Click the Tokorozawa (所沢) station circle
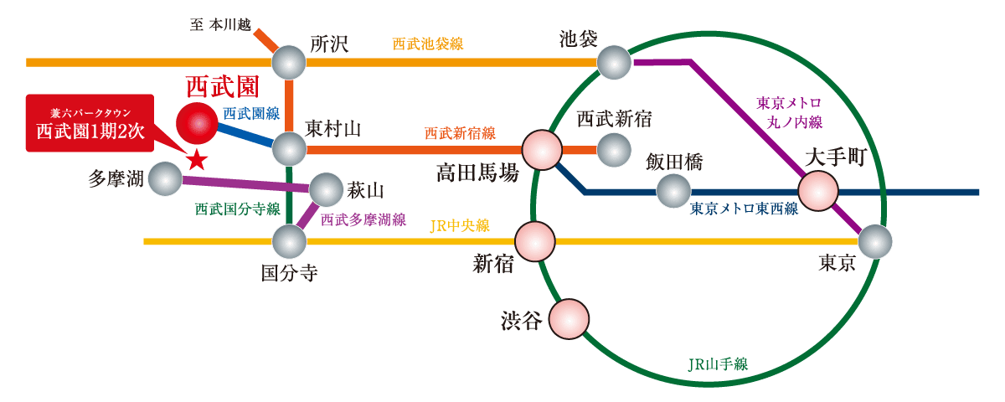click(x=289, y=62)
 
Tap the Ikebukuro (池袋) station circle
click(x=614, y=62)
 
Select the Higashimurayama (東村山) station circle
click(x=290, y=149)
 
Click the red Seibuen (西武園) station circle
click(x=197, y=124)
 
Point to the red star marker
click(x=197, y=158)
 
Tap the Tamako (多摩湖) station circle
click(x=165, y=178)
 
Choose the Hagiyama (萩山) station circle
click(x=327, y=189)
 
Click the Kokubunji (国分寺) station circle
click(x=290, y=241)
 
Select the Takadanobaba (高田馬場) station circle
click(x=542, y=150)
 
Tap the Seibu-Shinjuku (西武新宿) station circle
click(x=614, y=150)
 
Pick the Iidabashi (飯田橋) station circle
click(x=673, y=191)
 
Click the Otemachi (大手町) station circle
click(x=818, y=191)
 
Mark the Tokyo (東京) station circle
click(x=875, y=241)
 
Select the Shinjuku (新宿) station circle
click(x=535, y=241)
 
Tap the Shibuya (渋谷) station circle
click(x=569, y=319)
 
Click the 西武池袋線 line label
click(x=428, y=44)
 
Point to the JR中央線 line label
click(x=460, y=225)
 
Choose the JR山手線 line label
click(x=718, y=364)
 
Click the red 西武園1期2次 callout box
click(x=90, y=123)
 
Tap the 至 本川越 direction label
click(x=220, y=24)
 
